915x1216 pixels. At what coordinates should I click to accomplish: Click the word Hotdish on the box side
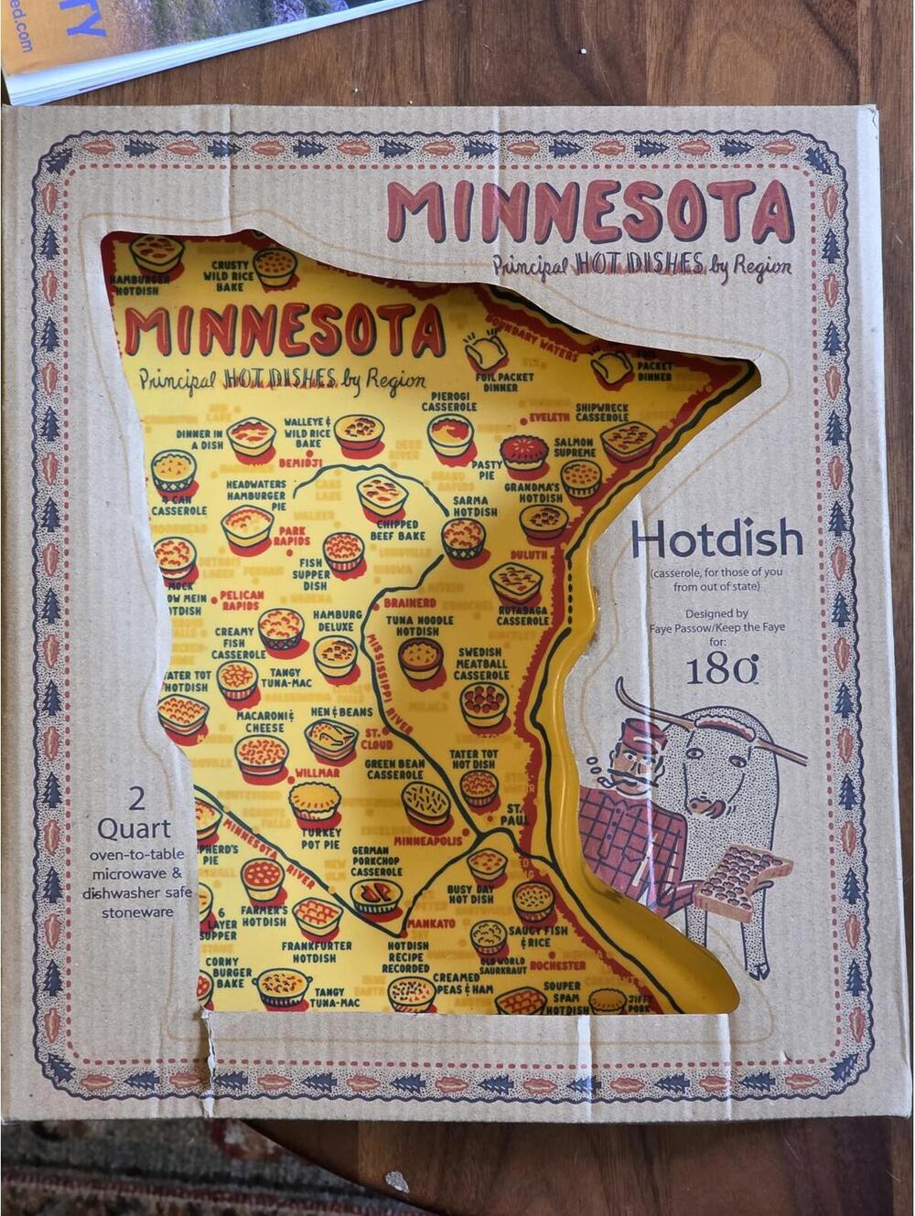coord(716,540)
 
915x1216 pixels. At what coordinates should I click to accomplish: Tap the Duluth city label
coord(529,555)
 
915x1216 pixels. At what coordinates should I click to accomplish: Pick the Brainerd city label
coord(409,603)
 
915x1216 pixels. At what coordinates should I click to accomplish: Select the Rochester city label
coord(557,965)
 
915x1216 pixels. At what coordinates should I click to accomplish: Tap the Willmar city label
coord(317,773)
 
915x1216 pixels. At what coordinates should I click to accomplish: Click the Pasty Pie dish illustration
coord(523,451)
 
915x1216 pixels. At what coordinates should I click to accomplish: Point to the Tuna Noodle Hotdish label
coord(419,625)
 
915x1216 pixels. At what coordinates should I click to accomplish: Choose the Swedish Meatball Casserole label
coord(481,665)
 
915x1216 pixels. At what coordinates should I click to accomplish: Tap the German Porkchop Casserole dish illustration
coord(376,895)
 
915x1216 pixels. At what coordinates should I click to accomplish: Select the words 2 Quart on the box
coord(135,814)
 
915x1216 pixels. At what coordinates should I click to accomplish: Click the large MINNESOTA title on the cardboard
coord(589,211)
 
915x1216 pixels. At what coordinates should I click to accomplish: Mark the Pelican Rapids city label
coord(242,600)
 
